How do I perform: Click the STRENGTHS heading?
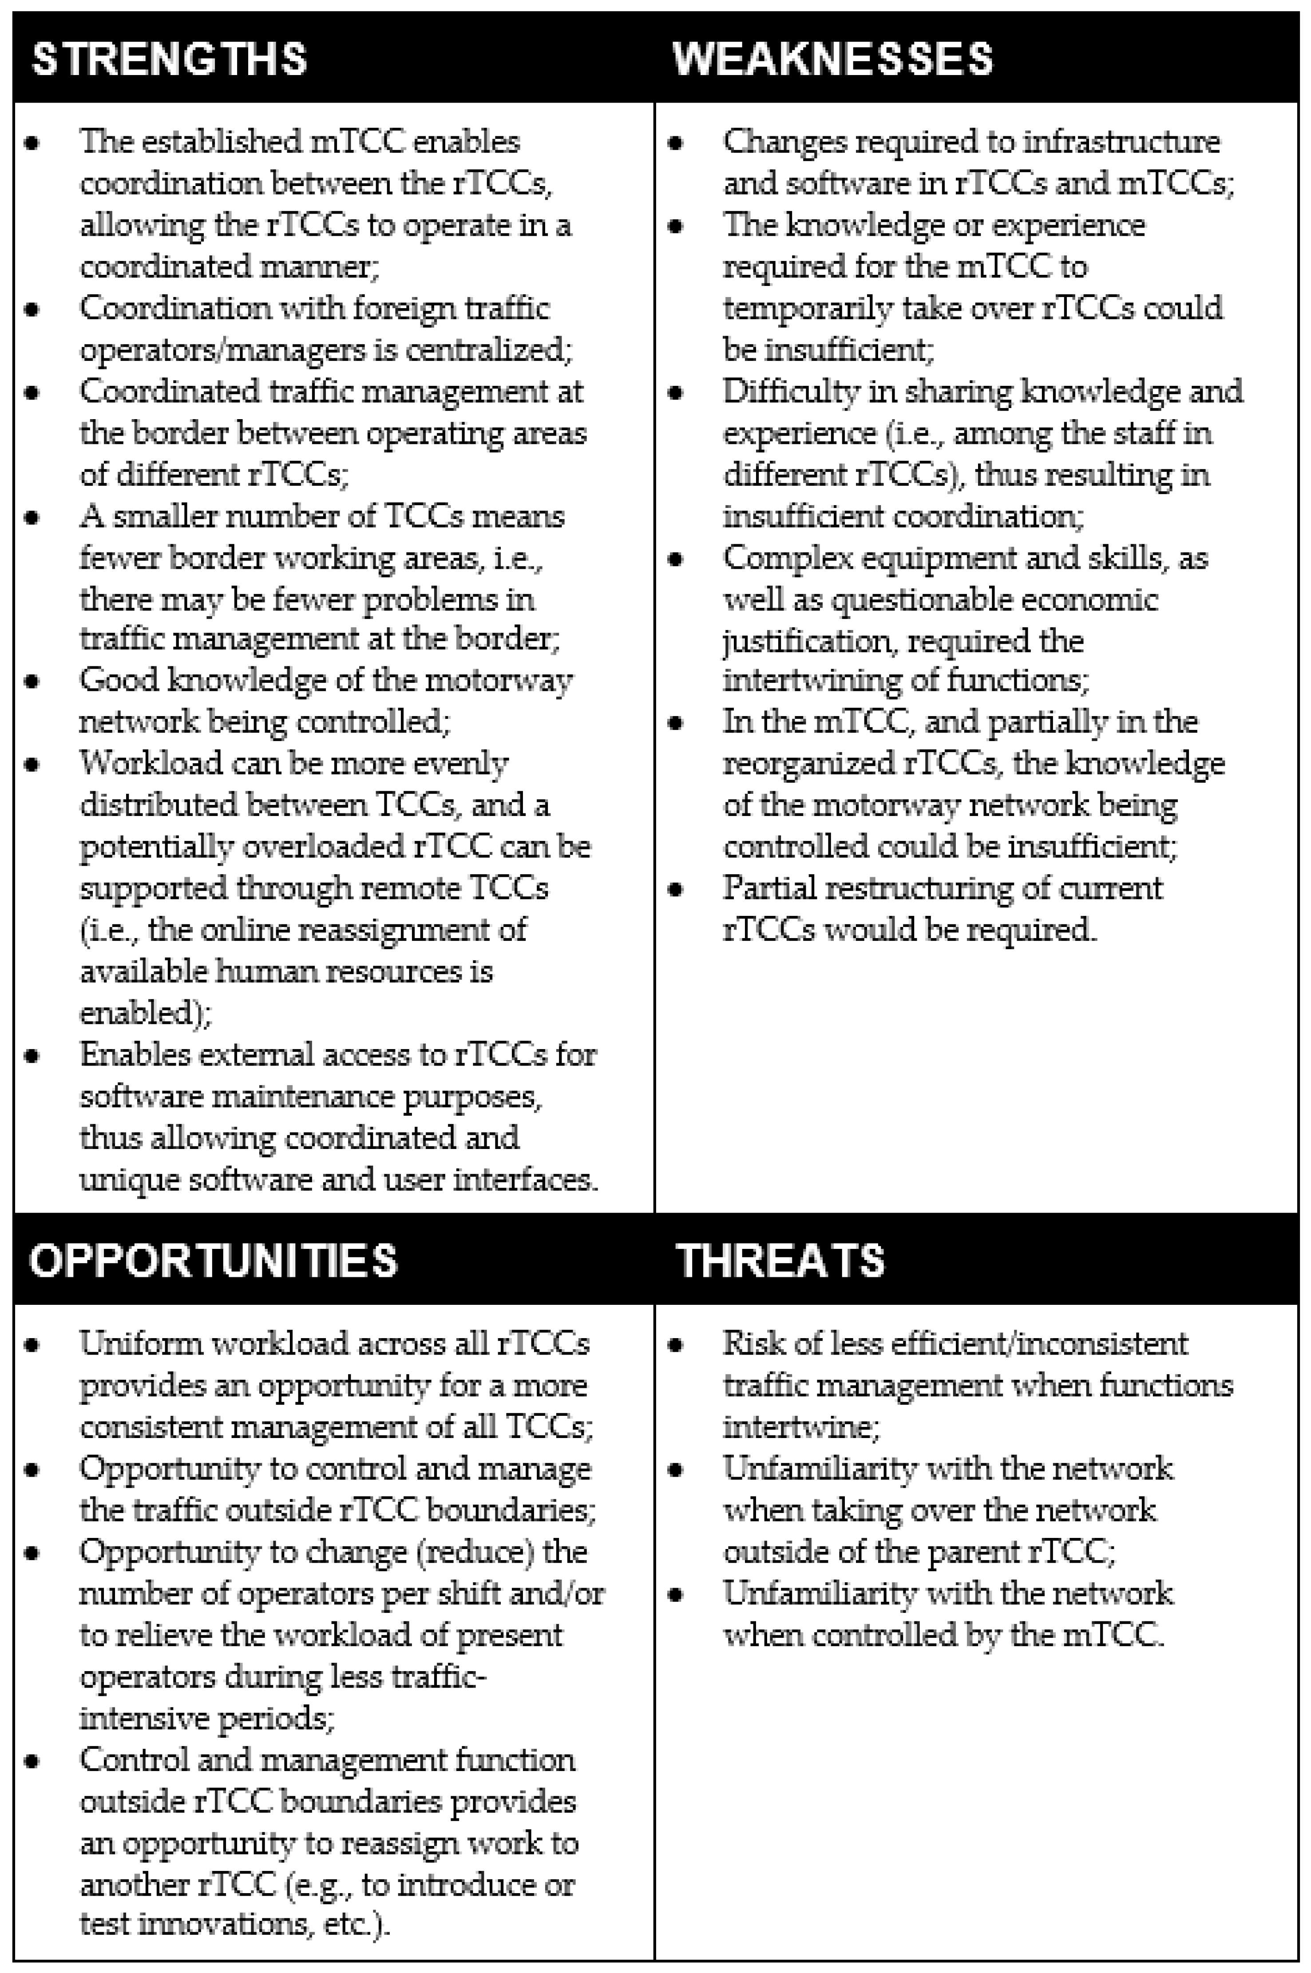point(170,59)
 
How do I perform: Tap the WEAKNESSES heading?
point(833,59)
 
